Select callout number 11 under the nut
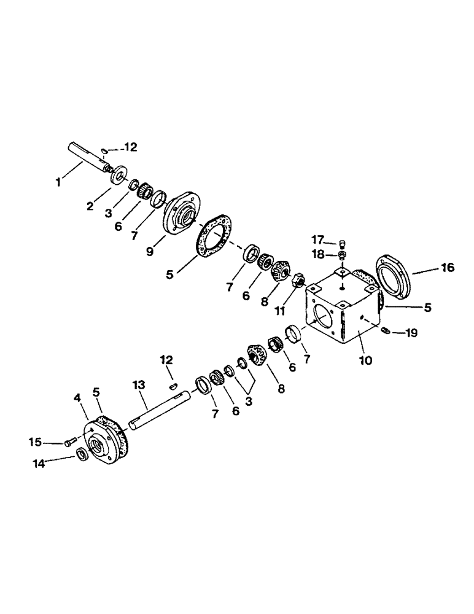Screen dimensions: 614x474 pyautogui.click(x=279, y=311)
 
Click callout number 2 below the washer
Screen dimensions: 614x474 pyautogui.click(x=90, y=207)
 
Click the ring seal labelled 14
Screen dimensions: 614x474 pyautogui.click(x=80, y=454)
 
